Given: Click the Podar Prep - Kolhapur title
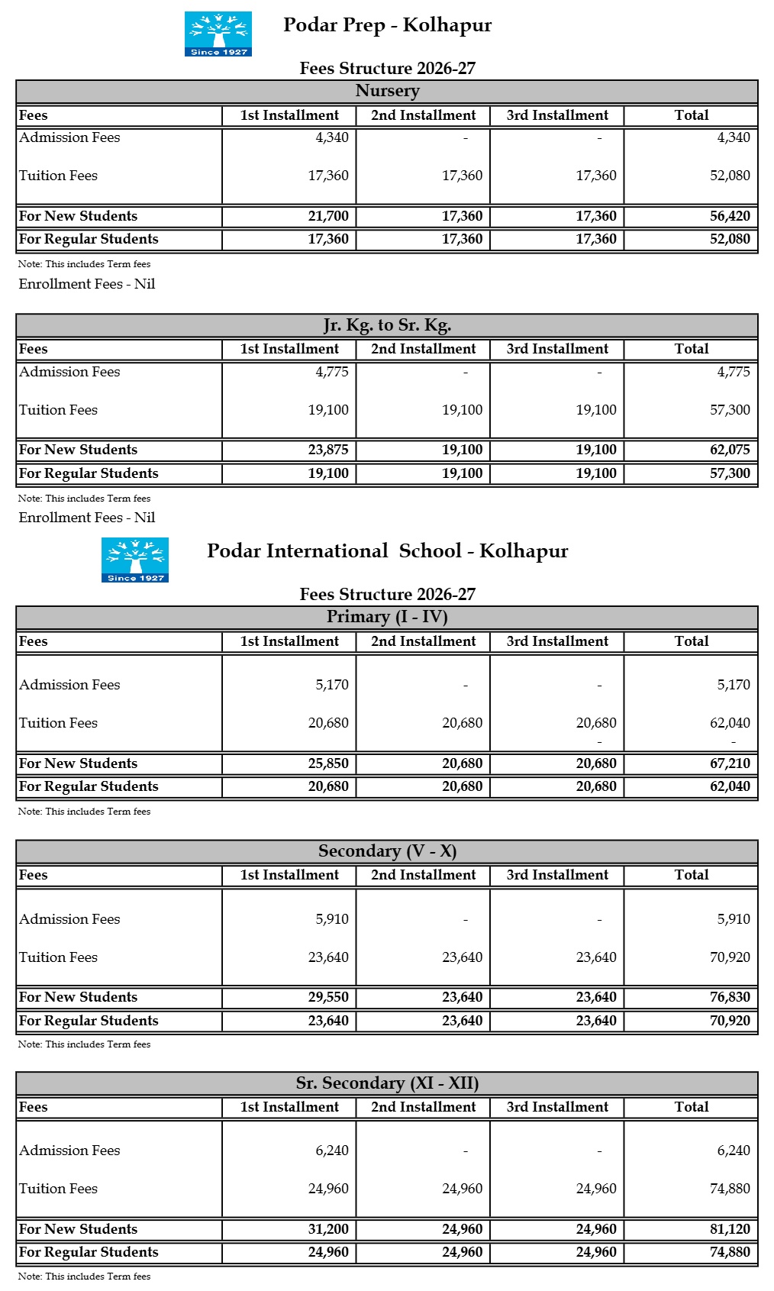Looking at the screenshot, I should coord(387,25).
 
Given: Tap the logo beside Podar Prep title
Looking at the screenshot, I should coord(218,34).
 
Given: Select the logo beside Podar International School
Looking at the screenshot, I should coord(135,560).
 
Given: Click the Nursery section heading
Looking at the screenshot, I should coord(387,91).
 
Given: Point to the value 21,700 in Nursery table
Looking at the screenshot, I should coord(328,216).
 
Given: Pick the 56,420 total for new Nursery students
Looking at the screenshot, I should coord(730,216).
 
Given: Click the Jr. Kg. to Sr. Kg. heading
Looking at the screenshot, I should coord(387,325).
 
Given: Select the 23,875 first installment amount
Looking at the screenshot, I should coord(328,450).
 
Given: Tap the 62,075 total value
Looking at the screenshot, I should coord(730,450).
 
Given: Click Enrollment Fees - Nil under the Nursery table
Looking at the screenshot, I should coord(87,284).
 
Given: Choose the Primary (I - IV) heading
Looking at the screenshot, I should coord(387,617).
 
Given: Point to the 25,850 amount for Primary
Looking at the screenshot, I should coord(328,763).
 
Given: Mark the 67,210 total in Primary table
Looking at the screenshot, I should coord(730,763).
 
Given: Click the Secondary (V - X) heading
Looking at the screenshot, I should coord(387,851).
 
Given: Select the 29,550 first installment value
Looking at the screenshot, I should coord(328,997).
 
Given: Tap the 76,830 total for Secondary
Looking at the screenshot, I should coord(730,997).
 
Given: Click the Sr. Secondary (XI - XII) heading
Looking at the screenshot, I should coord(387,1083).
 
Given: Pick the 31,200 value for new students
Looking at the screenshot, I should coord(328,1229).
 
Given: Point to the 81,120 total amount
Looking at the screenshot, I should coord(730,1229).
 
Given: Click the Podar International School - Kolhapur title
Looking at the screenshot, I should coord(387,551).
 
